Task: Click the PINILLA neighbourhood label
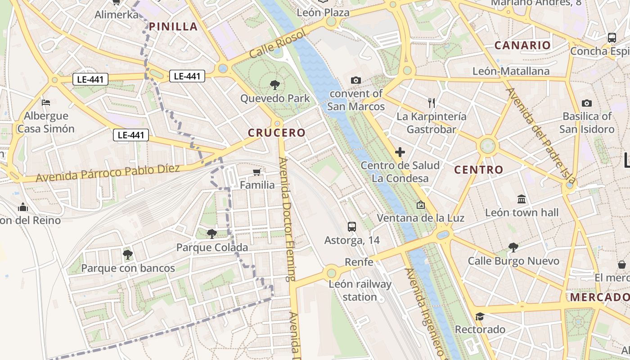[173, 27]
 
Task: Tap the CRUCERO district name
[277, 133]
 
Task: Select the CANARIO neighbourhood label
[522, 45]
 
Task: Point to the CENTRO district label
[478, 170]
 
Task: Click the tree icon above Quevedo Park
[274, 85]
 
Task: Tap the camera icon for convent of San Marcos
[355, 80]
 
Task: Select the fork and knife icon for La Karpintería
[432, 103]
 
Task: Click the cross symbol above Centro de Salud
[400, 152]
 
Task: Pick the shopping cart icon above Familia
[257, 172]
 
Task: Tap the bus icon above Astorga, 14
[352, 227]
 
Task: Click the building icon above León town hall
[522, 199]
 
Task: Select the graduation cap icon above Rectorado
[480, 316]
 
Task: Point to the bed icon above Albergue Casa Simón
[45, 103]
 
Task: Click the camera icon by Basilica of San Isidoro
[587, 103]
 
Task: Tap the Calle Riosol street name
[277, 44]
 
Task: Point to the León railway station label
[360, 291]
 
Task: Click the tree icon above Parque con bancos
[128, 255]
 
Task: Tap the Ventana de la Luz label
[420, 218]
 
